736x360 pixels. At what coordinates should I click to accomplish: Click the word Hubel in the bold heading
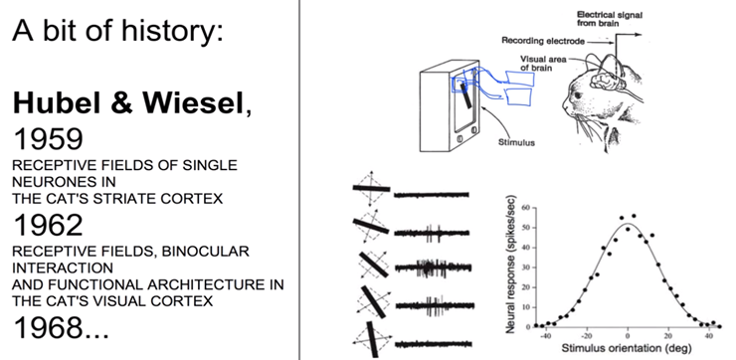tap(58, 101)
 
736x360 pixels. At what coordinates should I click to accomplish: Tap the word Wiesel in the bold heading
tap(193, 101)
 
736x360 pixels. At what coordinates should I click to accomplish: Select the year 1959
tap(49, 139)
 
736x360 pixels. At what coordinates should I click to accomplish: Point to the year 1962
tap(49, 226)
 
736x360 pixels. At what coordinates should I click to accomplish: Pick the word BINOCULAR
tap(205, 252)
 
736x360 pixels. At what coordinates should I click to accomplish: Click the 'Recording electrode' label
tap(543, 41)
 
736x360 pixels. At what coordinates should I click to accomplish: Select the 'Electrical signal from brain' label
tap(610, 19)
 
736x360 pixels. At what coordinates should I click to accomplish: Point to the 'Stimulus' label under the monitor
tap(516, 142)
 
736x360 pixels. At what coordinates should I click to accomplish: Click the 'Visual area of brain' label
tap(543, 64)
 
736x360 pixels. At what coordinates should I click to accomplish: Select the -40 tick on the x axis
tap(545, 336)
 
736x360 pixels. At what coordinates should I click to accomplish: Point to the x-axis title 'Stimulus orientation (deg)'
tap(627, 348)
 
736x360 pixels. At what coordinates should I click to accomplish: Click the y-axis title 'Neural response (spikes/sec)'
tap(510, 265)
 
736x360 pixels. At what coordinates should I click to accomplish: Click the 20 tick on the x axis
tap(668, 336)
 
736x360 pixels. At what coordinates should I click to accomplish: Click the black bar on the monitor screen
tap(467, 94)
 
